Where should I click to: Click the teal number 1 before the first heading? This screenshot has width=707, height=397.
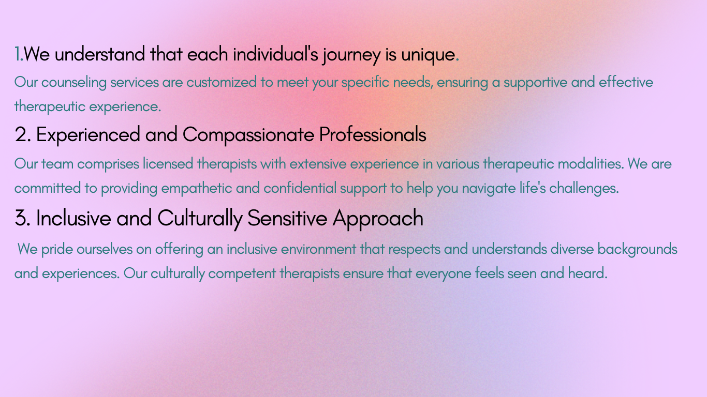17,54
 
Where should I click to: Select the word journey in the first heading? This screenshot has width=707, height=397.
351,55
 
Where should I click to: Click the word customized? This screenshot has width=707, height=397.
222,82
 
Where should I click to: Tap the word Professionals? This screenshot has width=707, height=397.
373,134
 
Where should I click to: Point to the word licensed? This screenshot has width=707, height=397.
168,164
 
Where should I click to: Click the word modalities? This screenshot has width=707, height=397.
591,164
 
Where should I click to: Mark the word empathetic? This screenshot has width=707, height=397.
197,189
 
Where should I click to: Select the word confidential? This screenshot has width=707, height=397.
300,188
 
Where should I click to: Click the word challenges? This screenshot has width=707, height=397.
584,189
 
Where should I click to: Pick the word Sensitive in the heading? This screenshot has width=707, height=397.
287,218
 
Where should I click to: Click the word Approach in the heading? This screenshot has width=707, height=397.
378,219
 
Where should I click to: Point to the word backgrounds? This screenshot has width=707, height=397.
637,250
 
